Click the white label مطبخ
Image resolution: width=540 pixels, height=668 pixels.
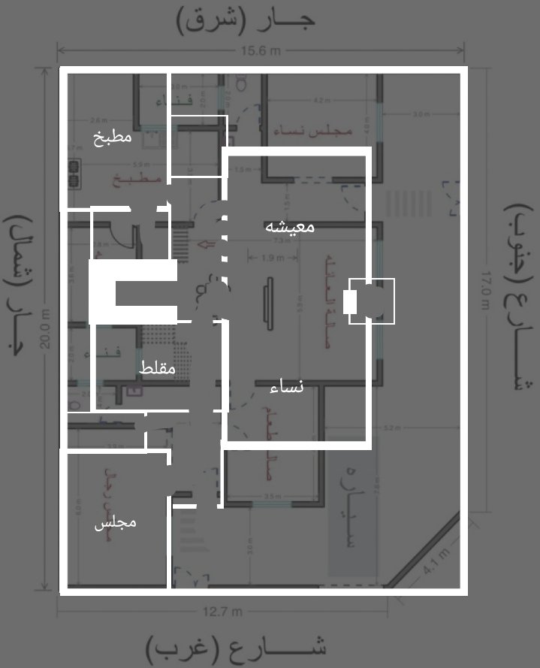point(113,138)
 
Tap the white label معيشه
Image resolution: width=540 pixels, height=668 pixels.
point(290,226)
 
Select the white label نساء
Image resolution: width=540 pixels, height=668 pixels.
point(286,388)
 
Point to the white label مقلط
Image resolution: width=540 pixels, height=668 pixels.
point(157,368)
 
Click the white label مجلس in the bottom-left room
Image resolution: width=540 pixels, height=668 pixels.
point(115,523)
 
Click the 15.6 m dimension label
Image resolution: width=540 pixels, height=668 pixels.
point(261,51)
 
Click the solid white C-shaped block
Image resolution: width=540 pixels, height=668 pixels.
point(128,292)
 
